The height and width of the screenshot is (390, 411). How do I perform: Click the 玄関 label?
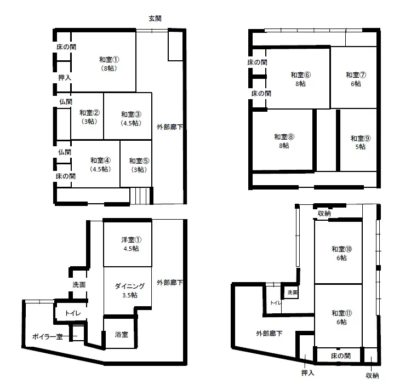pos(155,19)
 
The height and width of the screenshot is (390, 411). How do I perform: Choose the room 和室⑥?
pos(300,79)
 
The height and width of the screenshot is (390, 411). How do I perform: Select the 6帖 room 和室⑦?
pos(353,79)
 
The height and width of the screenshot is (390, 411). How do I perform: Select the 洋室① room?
pos(130,244)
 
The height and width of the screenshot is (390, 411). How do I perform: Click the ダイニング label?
pos(130,286)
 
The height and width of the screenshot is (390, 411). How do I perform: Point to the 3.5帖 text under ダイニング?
pos(130,295)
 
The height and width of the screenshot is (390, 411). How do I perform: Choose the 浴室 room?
pos(121,335)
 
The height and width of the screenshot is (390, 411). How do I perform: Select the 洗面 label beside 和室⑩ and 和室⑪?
pos(292,292)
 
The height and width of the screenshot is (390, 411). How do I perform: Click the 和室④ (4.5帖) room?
pos(100,164)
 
